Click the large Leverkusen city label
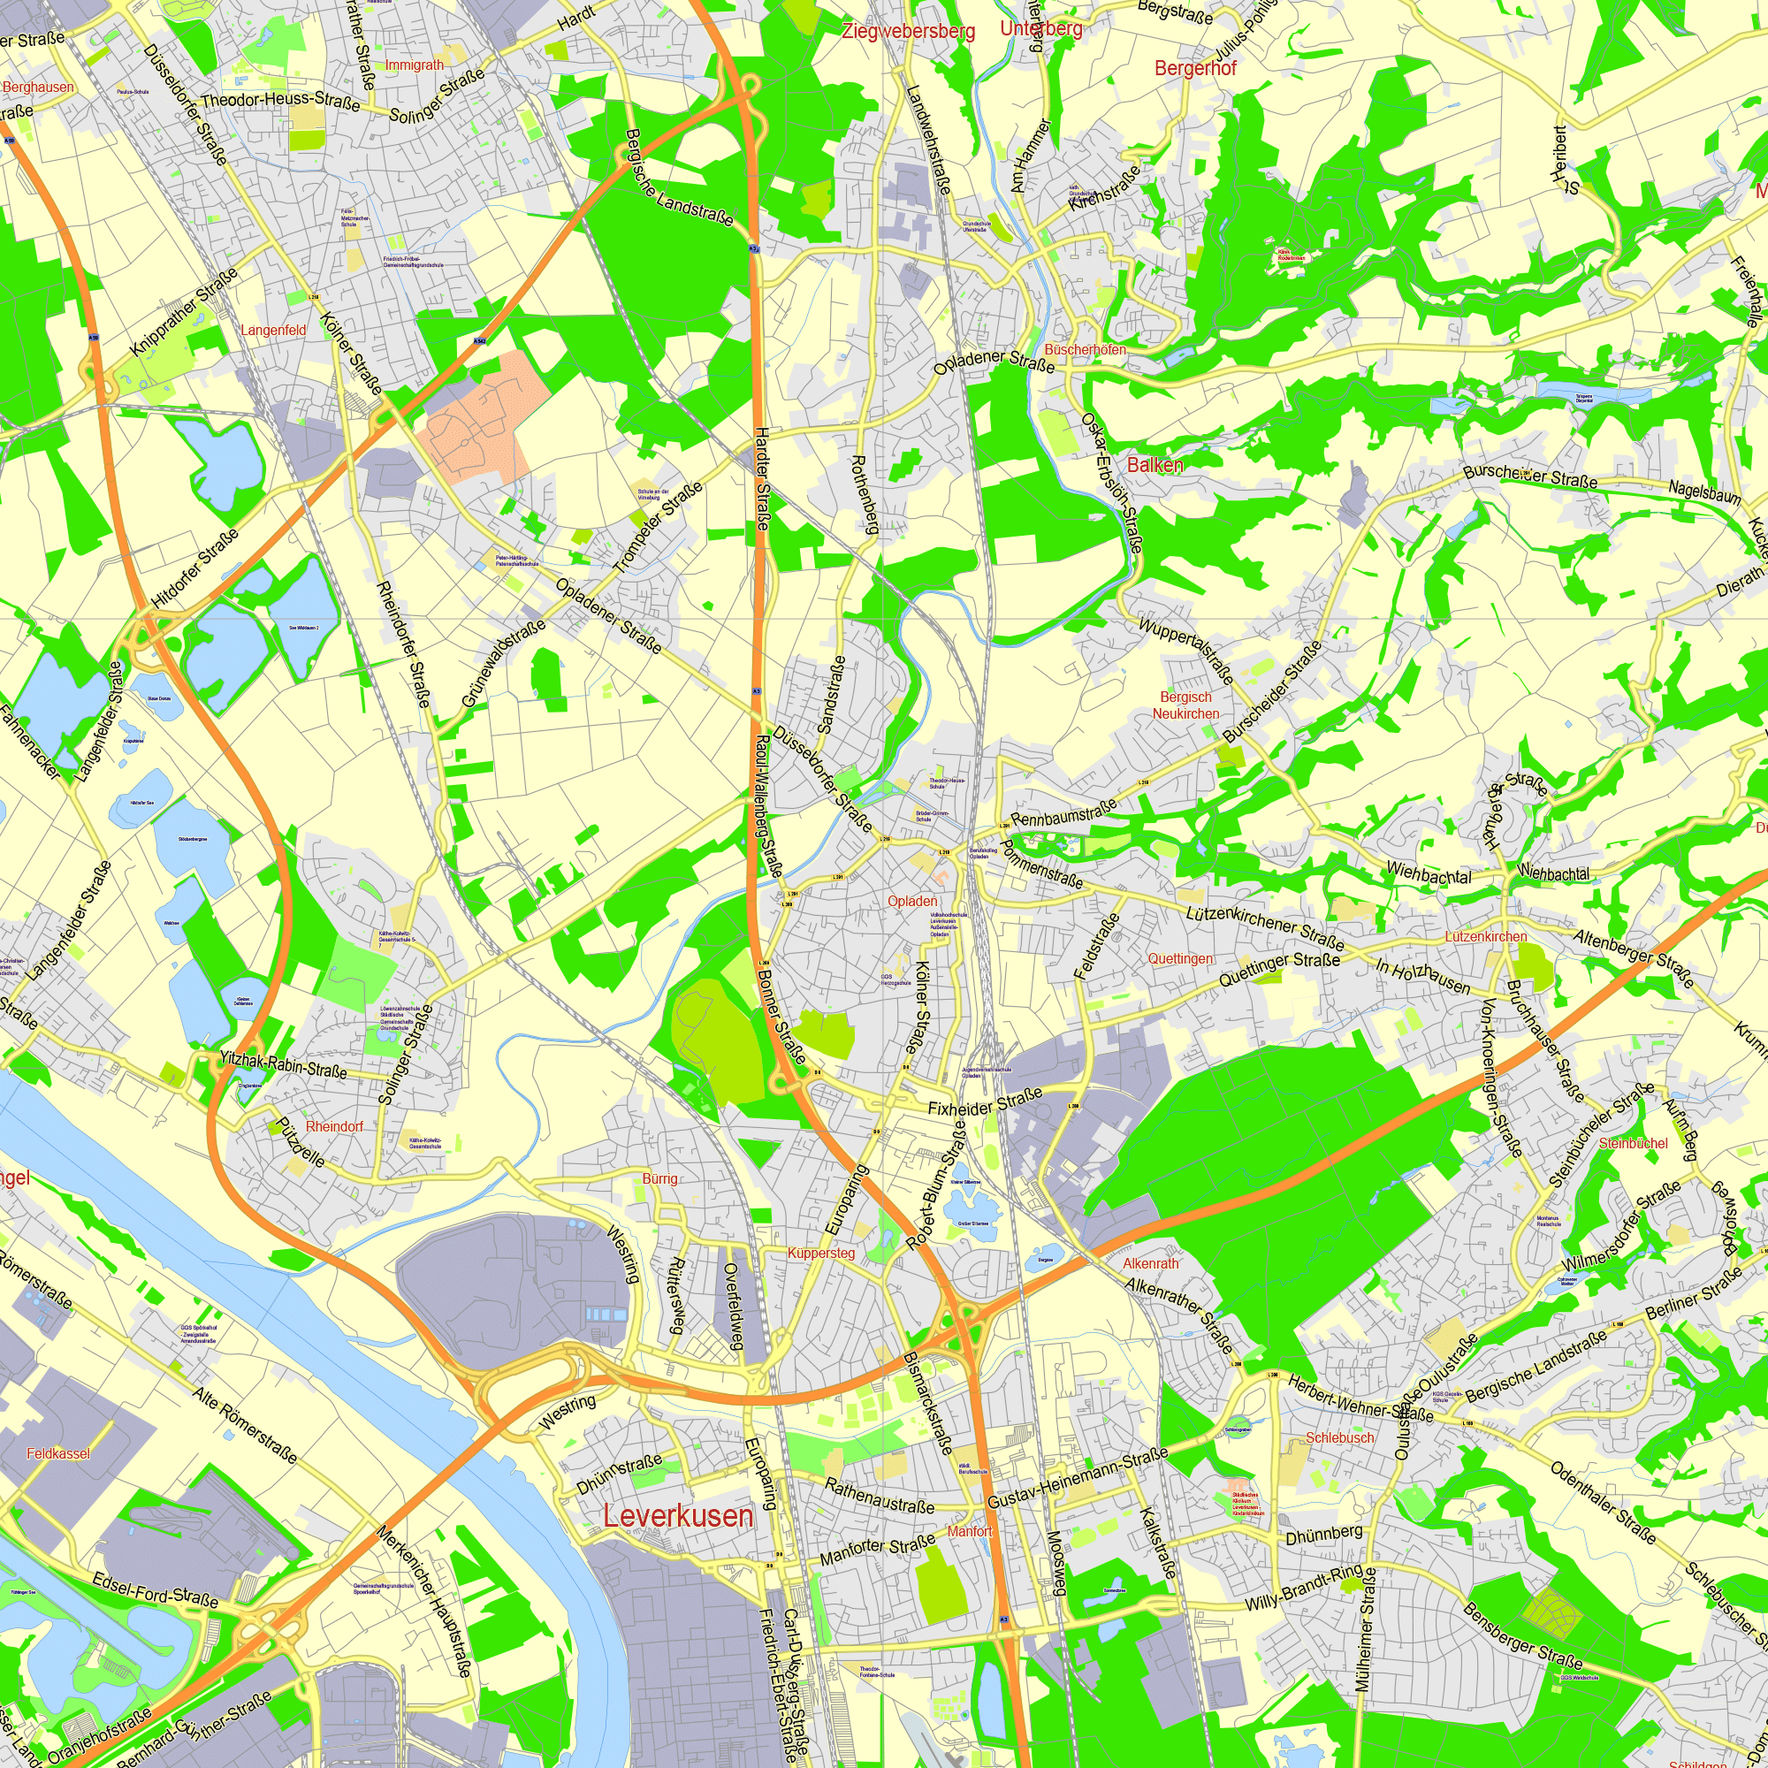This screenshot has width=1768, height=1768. [x=678, y=1515]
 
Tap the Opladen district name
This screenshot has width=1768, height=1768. [x=912, y=901]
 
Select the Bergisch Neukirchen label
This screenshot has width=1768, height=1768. [x=1186, y=705]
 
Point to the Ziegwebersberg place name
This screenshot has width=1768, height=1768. [x=909, y=32]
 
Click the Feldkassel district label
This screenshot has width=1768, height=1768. [x=58, y=1453]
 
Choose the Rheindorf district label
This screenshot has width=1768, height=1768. [x=334, y=1126]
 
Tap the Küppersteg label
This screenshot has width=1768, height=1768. [x=821, y=1253]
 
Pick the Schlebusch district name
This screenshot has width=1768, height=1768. [x=1340, y=1437]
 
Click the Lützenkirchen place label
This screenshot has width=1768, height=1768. [x=1486, y=936]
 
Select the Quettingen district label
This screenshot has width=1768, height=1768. [x=1180, y=958]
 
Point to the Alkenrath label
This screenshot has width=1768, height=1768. [x=1151, y=1263]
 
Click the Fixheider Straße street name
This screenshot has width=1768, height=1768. [x=986, y=1101]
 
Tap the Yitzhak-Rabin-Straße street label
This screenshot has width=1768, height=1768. [x=283, y=1064]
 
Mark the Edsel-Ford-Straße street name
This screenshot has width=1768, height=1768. [x=156, y=1589]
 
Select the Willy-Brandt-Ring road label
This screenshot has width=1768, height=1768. [x=1303, y=1588]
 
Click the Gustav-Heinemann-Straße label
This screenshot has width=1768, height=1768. [x=1077, y=1479]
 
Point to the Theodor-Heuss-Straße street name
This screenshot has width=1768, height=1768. [x=280, y=100]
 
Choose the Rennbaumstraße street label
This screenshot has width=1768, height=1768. [x=1063, y=812]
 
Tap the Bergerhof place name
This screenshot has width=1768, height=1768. [x=1195, y=69]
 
